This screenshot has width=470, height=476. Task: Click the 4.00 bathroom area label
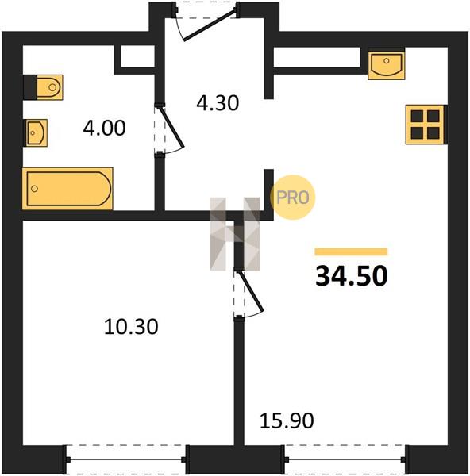pyautogui.click(x=104, y=128)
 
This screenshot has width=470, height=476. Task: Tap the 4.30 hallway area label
pyautogui.click(x=218, y=103)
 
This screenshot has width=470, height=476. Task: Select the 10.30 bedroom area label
pyautogui.click(x=131, y=327)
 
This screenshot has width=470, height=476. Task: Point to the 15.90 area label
pyautogui.click(x=287, y=420)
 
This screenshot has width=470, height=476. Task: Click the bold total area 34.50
pyautogui.click(x=352, y=276)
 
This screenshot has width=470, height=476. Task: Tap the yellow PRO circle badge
pyautogui.click(x=293, y=198)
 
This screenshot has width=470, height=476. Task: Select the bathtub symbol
pyautogui.click(x=67, y=189)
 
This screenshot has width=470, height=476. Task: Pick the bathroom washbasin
pyautogui.click(x=37, y=133)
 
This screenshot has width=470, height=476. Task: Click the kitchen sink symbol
pyautogui.click(x=387, y=65)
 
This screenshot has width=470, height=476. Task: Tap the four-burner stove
pyautogui.click(x=425, y=125)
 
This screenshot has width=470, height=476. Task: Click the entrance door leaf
pyautogui.click(x=210, y=25)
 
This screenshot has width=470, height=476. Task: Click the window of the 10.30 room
pyautogui.click(x=125, y=460)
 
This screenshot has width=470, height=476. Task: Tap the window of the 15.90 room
pyautogui.click(x=345, y=460)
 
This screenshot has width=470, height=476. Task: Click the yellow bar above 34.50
pyautogui.click(x=351, y=252)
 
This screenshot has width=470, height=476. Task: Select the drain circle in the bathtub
pyautogui.click(x=35, y=189)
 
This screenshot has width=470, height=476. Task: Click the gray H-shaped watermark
pyautogui.click(x=234, y=234)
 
